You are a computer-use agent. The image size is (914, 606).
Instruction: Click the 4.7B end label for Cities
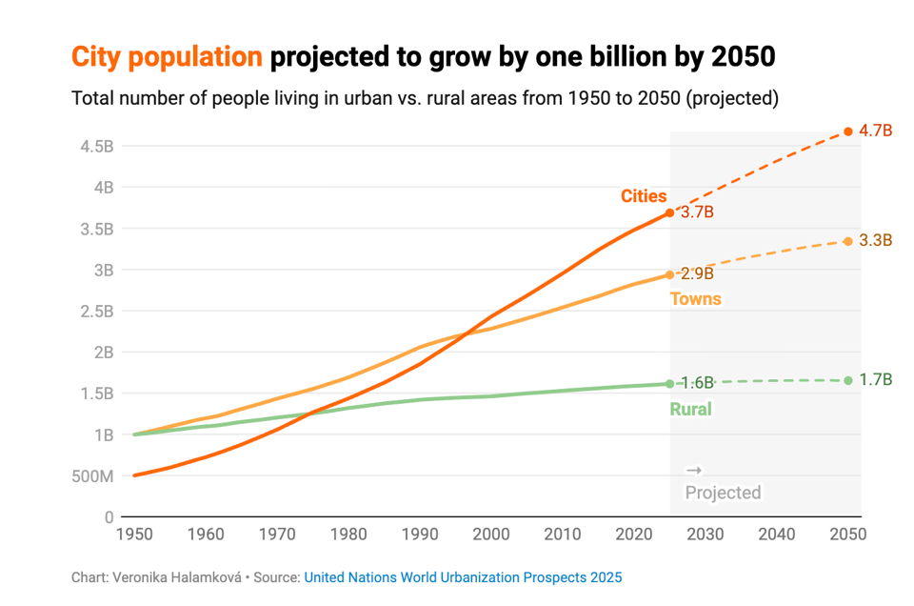875,131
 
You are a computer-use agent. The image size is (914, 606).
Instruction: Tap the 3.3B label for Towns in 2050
875,240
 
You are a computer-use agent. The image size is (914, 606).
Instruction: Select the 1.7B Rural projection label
875,380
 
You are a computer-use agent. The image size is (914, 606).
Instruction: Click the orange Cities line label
644,196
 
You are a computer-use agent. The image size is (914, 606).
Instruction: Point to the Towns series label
695,299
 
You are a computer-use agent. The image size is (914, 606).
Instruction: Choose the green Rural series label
690,410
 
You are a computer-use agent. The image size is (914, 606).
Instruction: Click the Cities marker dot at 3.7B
670,212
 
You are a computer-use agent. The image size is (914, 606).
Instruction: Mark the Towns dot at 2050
847,241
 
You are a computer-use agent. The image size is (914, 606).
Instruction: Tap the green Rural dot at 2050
847,380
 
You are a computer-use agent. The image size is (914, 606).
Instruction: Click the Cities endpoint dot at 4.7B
847,131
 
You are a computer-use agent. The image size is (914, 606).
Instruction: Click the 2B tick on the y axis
103,353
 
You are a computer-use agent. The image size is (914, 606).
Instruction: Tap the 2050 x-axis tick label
846,535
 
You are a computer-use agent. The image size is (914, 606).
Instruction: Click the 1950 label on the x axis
134,535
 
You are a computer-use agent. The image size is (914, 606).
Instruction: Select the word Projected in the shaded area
723,493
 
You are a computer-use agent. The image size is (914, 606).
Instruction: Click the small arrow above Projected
694,471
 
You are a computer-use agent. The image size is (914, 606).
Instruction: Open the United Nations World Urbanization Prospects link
463,577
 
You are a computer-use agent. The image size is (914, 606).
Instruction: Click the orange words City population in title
167,57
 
